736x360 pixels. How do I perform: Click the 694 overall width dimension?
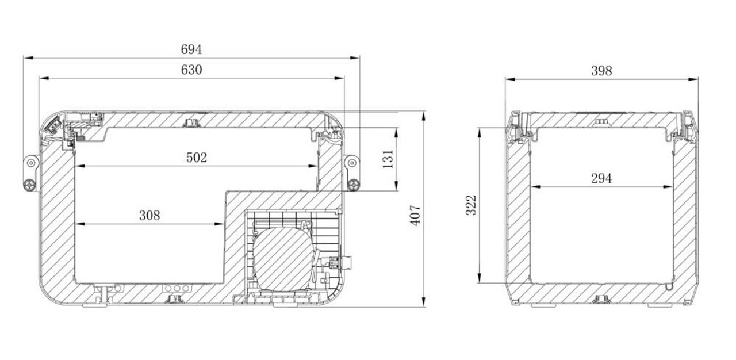[x=191, y=49]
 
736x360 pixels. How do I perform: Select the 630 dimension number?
[x=191, y=70]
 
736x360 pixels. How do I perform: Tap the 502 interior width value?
[x=197, y=158]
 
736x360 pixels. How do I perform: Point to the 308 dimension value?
[x=149, y=216]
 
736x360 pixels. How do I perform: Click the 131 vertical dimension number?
[x=388, y=159]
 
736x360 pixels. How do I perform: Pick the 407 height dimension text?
[x=415, y=215]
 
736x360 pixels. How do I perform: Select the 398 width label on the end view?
[x=601, y=71]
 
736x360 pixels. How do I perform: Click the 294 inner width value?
[x=601, y=179]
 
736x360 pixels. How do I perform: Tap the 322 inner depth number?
[x=471, y=205]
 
